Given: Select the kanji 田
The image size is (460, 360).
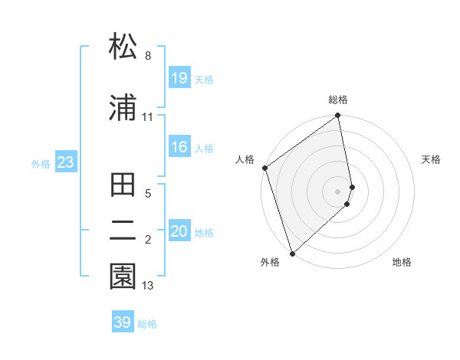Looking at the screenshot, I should point(123,185).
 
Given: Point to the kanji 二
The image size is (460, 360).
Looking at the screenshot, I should point(123,229).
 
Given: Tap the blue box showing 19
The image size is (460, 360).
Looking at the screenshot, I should point(179,77).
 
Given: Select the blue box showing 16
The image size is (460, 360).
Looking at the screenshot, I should point(179,147).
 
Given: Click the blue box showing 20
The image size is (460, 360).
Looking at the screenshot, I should point(179,231).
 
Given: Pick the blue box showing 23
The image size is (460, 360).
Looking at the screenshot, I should point(65,162).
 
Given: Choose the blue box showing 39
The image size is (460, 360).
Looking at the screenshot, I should point(123,322).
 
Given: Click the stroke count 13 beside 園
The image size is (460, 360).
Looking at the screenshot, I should point(148,286).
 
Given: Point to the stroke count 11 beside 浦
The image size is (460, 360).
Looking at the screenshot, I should point(147,117).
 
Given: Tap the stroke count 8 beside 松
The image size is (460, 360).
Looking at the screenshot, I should point(147,56).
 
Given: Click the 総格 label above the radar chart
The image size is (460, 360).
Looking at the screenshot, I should point(338,100).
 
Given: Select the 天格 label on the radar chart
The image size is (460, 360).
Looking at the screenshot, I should point(431,159).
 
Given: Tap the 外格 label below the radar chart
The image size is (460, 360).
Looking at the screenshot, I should point(270,262).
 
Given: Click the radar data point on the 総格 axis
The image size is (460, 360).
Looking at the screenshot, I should point(338,116).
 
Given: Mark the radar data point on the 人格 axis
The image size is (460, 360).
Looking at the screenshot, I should point(265,168).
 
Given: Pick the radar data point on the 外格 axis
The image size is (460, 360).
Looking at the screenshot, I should point(292,253).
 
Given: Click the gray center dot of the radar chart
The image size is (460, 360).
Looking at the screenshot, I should point(338,191).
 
